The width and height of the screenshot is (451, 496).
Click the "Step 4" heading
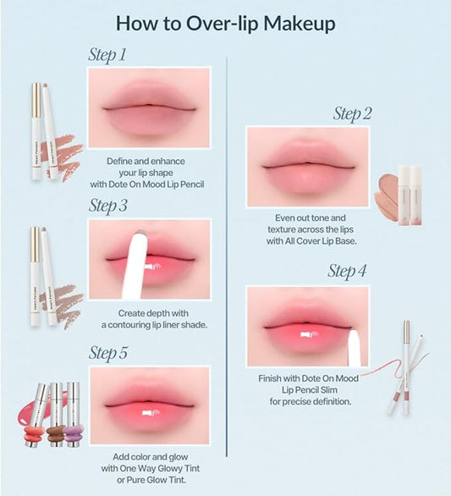pyautogui.click(x=347, y=272)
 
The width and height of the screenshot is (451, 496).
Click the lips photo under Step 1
pyautogui.click(x=149, y=107)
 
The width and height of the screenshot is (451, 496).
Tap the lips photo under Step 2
pyautogui.click(x=307, y=166)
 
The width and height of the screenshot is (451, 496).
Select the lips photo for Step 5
pyautogui.click(x=149, y=405)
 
